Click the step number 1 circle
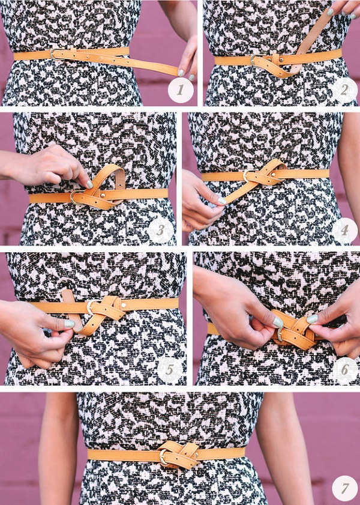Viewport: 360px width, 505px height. pos(181,90)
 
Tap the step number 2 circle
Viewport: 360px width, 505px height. pos(344,90)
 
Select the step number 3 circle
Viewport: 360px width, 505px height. pos(161,230)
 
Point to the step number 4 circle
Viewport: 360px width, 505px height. pos(344,230)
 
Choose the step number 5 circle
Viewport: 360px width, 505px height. pos(170,369)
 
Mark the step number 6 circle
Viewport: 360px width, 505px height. pos(345,370)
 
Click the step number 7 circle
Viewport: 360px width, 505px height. pos(344,488)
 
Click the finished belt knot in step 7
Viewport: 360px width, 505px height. pos(178,455)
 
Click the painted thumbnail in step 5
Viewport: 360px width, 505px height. pos(69,324)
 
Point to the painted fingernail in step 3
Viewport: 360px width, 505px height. pos(90,184)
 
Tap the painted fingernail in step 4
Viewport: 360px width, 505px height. pos(222,201)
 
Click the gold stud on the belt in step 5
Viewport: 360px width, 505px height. pos(124,304)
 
